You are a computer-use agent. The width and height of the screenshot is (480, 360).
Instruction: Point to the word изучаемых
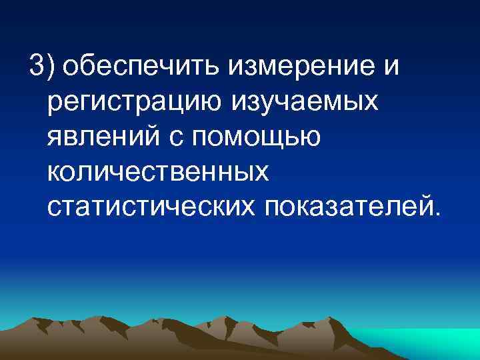[x=305, y=103]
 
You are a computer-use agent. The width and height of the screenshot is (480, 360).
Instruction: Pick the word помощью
[x=265, y=138]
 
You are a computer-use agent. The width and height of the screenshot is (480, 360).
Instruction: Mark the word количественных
[x=159, y=173]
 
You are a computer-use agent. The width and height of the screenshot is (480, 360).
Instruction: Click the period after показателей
[x=437, y=215]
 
